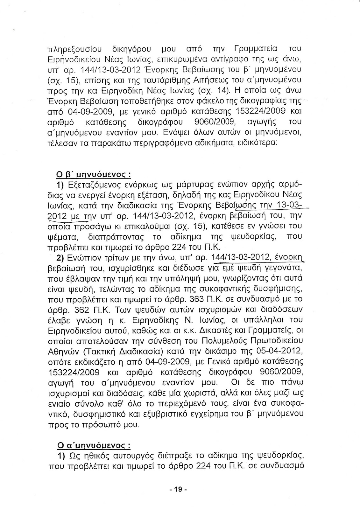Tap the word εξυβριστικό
[180, 414]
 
